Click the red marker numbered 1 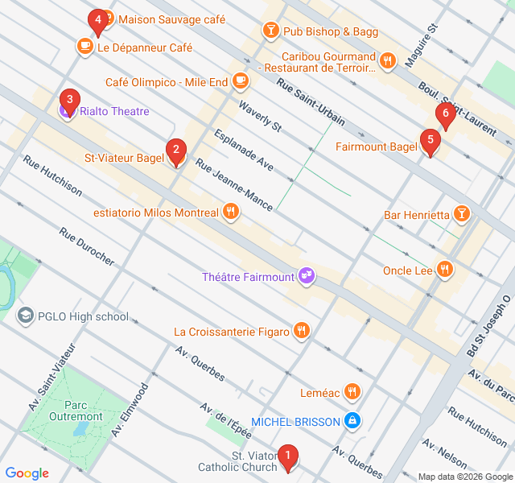(x=287, y=457)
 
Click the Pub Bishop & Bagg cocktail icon (x=270, y=31)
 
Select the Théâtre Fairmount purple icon (x=306, y=276)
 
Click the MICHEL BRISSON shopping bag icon (x=352, y=420)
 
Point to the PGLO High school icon (x=26, y=316)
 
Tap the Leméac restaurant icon (x=352, y=392)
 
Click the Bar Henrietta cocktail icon (x=462, y=214)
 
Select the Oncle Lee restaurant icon (x=443, y=270)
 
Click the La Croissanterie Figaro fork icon (x=301, y=330)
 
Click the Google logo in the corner (x=27, y=473)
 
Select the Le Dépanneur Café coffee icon (x=84, y=47)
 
